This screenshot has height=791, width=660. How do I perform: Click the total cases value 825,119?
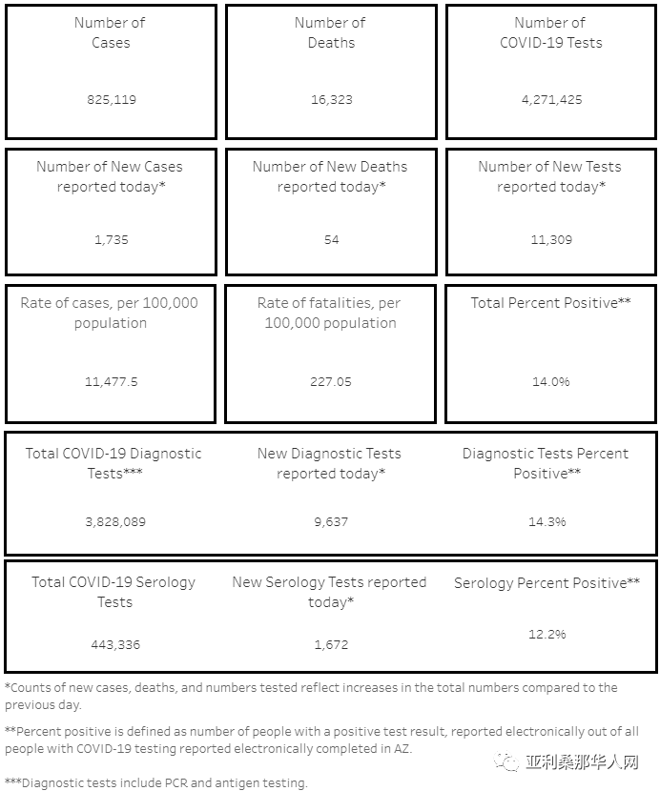pyautogui.click(x=111, y=99)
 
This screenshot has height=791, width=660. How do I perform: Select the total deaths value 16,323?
pyautogui.click(x=331, y=99)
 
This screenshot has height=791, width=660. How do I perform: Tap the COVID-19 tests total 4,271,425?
pyautogui.click(x=550, y=99)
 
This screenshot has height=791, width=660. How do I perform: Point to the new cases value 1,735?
pyautogui.click(x=111, y=239)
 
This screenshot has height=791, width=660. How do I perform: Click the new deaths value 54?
pyautogui.click(x=331, y=239)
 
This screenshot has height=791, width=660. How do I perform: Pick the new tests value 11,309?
pyautogui.click(x=551, y=239)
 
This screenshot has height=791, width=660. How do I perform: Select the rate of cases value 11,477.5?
pyautogui.click(x=111, y=381)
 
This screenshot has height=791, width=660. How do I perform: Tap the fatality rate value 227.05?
pyautogui.click(x=331, y=381)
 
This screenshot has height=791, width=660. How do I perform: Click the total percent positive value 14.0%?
pyautogui.click(x=551, y=381)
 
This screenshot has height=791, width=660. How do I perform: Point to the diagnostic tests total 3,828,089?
pyautogui.click(x=113, y=521)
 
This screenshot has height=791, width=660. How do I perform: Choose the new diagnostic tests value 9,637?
pyautogui.click(x=331, y=521)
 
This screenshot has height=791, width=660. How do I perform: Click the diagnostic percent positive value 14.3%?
pyautogui.click(x=547, y=521)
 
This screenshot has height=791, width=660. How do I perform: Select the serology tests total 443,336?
pyautogui.click(x=114, y=644)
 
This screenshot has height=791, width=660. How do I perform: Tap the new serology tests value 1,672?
pyautogui.click(x=331, y=644)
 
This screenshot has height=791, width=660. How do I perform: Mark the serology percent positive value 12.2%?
pyautogui.click(x=547, y=634)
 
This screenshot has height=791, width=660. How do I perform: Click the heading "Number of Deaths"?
pyautogui.click(x=331, y=32)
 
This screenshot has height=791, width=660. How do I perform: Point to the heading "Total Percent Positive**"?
pyautogui.click(x=551, y=303)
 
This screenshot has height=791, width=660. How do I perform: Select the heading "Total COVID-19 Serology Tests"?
pyautogui.click(x=113, y=592)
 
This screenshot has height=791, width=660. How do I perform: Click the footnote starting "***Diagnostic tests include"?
pyautogui.click(x=155, y=782)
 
